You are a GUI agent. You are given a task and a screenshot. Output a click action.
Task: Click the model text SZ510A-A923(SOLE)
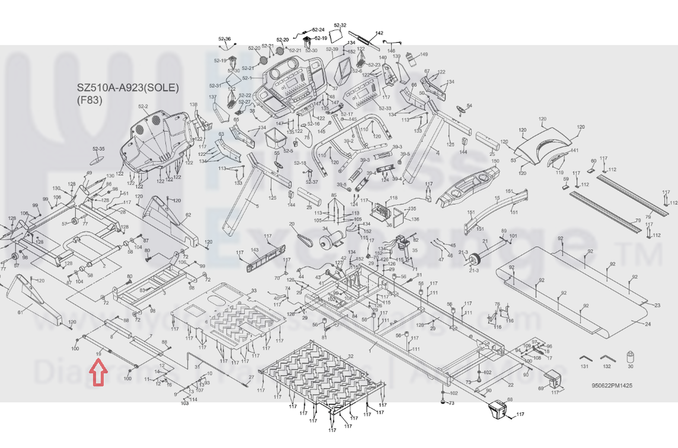(128, 88)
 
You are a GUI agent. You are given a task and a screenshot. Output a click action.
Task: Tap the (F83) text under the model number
(90, 100)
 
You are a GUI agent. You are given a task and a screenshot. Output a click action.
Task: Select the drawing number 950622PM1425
(612, 385)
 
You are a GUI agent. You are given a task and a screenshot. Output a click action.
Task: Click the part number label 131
(584, 367)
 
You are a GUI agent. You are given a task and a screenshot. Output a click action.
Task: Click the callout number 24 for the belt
(647, 325)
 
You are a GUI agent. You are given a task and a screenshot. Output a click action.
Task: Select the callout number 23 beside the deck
(657, 305)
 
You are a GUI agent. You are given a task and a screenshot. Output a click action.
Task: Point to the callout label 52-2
(143, 107)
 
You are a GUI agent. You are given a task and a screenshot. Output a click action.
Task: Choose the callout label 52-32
(340, 26)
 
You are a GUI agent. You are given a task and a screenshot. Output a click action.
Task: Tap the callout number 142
(380, 33)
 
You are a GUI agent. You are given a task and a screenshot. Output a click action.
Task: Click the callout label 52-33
(385, 109)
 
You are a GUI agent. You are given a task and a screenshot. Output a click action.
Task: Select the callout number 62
(188, 215)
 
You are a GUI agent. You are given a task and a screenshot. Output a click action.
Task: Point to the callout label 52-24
(318, 30)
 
